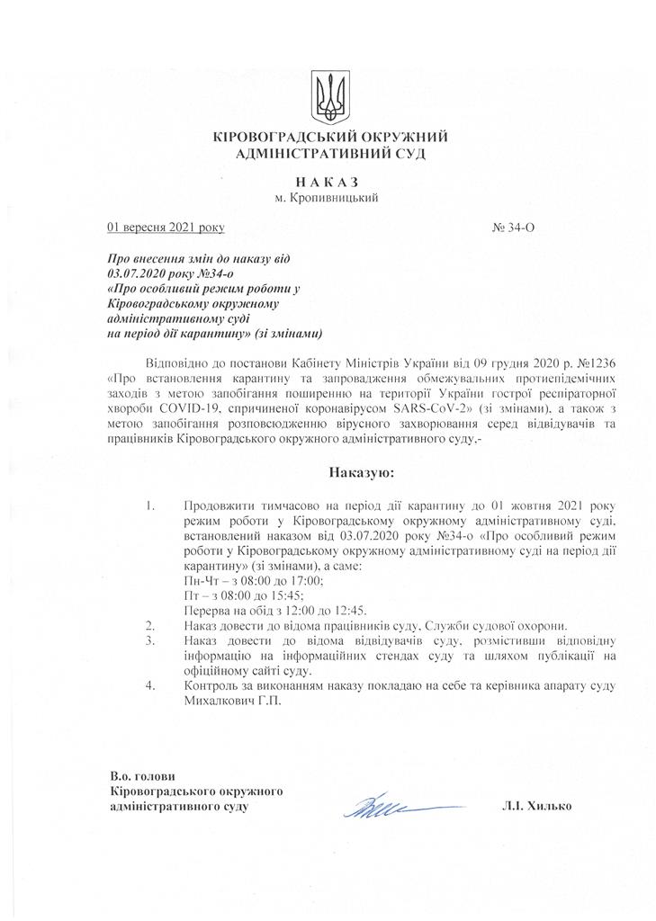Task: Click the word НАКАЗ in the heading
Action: pyautogui.click(x=328, y=181)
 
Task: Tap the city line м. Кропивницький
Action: pyautogui.click(x=327, y=197)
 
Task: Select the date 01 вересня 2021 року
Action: pyautogui.click(x=166, y=228)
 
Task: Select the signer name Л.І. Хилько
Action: pyautogui.click(x=537, y=806)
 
